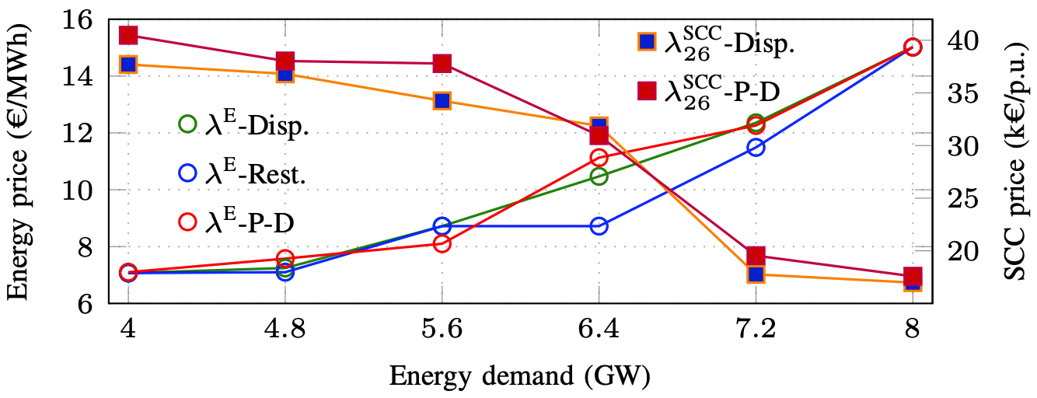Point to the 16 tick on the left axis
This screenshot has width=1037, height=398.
83,19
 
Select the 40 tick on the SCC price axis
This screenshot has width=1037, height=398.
963,40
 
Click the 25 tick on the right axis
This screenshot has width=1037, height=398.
963,198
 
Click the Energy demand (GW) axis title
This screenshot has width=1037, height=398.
519,376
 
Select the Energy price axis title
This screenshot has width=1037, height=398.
19,164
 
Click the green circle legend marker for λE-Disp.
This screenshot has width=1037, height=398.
187,124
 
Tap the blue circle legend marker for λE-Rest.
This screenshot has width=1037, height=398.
187,175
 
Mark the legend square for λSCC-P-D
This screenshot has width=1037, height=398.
647,91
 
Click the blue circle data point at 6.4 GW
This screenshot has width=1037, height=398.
599,226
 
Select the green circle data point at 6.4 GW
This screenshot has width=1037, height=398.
599,176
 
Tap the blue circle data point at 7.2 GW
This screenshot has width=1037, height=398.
756,147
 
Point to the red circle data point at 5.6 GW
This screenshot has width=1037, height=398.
442,243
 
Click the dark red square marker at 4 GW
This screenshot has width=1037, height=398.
128,35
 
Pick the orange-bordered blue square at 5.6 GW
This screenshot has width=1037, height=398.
442,100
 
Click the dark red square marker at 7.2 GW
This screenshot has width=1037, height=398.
756,256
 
